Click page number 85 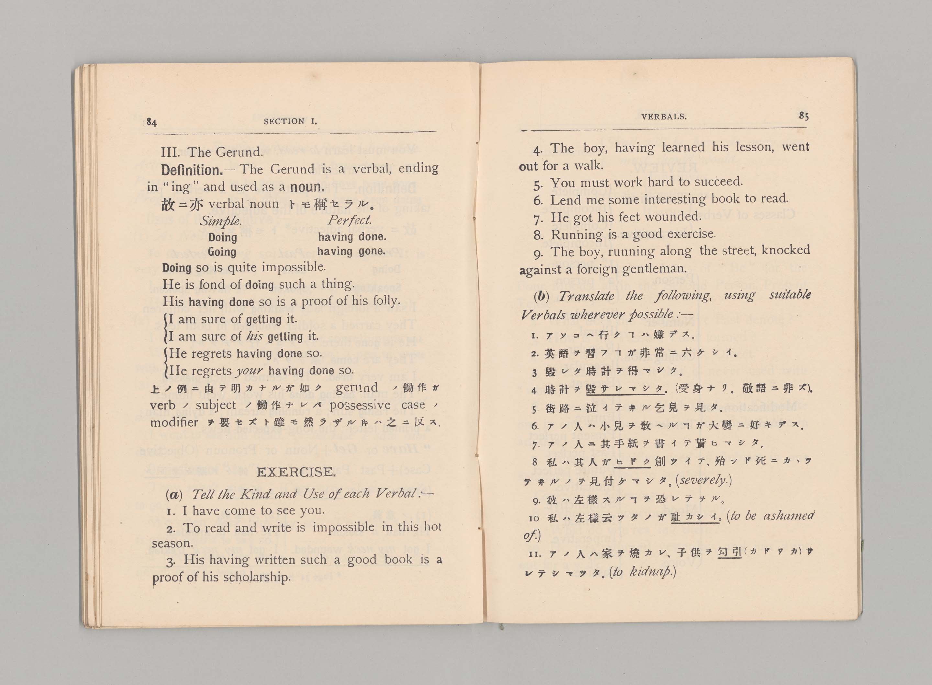(x=804, y=116)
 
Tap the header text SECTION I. (x=290, y=121)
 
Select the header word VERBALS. (x=663, y=117)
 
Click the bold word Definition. (x=192, y=170)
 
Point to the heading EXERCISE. (x=296, y=472)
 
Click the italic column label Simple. (x=220, y=221)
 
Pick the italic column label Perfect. (x=349, y=220)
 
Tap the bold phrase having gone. (x=351, y=251)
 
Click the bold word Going (x=222, y=252)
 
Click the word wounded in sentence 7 (x=672, y=217)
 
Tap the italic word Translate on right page (x=586, y=296)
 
